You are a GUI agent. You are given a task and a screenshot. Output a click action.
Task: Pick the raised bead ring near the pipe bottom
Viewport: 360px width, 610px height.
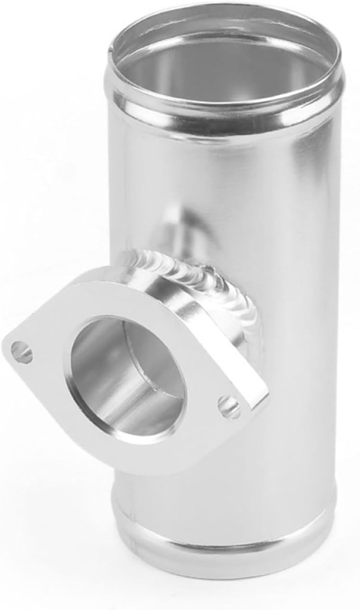coord(224,537)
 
